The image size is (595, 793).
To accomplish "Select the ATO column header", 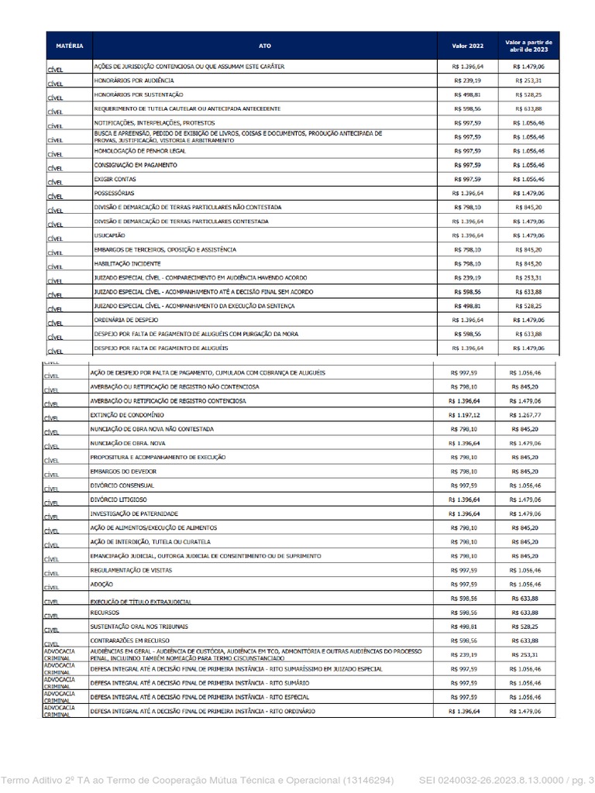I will [265, 46].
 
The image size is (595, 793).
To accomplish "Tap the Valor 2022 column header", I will [467, 46].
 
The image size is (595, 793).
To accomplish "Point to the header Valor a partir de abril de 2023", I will [528, 46].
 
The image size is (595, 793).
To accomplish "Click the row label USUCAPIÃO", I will [109, 235].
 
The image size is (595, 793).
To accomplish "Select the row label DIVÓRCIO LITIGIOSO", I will [119, 499].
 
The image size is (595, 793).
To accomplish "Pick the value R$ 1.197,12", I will [464, 415].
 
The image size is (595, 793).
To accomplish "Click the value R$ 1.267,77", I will [524, 415].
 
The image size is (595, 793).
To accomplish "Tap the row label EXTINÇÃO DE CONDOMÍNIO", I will [127, 415].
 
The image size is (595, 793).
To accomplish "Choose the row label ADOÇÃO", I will [101, 584].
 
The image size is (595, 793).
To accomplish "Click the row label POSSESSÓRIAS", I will [114, 193].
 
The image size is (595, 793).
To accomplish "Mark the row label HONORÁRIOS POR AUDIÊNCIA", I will [134, 81].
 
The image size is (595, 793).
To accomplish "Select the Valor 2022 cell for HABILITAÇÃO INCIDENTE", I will [467, 263].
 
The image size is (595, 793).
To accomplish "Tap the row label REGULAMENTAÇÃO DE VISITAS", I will [131, 570].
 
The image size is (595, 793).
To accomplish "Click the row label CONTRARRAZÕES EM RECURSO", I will [129, 640].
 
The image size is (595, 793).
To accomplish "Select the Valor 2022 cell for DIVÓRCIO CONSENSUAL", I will [464, 486].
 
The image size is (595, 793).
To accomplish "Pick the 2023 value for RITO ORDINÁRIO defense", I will [524, 711].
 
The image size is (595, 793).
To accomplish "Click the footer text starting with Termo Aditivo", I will [197, 780].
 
